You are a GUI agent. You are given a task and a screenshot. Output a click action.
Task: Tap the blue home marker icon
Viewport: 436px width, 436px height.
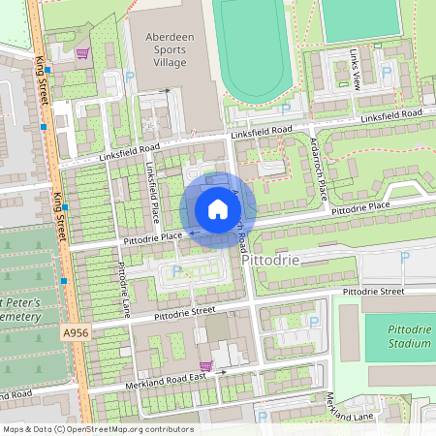click(218, 209)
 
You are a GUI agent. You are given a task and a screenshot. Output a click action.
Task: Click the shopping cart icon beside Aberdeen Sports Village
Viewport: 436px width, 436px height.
click(82, 53)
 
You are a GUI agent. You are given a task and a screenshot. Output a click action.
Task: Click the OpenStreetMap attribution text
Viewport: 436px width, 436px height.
click(97, 428)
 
